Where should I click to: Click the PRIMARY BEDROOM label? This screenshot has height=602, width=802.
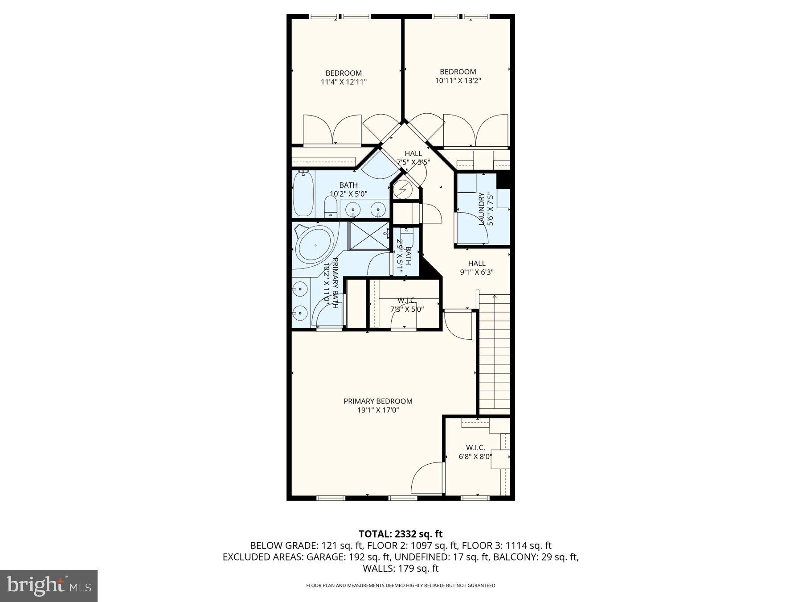click(378, 401)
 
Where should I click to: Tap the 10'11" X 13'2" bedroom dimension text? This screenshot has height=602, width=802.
click(458, 81)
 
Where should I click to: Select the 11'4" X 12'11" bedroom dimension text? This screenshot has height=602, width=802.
click(344, 82)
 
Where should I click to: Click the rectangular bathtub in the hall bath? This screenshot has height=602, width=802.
click(303, 194)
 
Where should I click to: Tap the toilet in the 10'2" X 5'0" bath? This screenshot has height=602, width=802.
click(331, 207)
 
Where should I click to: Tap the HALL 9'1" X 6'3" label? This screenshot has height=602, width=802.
click(477, 268)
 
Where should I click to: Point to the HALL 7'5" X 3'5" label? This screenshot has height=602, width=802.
click(413, 157)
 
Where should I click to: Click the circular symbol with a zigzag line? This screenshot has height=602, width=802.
click(403, 190)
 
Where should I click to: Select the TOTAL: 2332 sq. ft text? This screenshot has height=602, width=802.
click(401, 534)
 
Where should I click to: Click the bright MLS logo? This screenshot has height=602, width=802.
click(49, 586)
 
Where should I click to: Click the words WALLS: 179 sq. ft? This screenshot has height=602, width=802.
click(401, 569)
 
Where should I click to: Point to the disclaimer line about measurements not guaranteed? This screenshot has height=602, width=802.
click(401, 586)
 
